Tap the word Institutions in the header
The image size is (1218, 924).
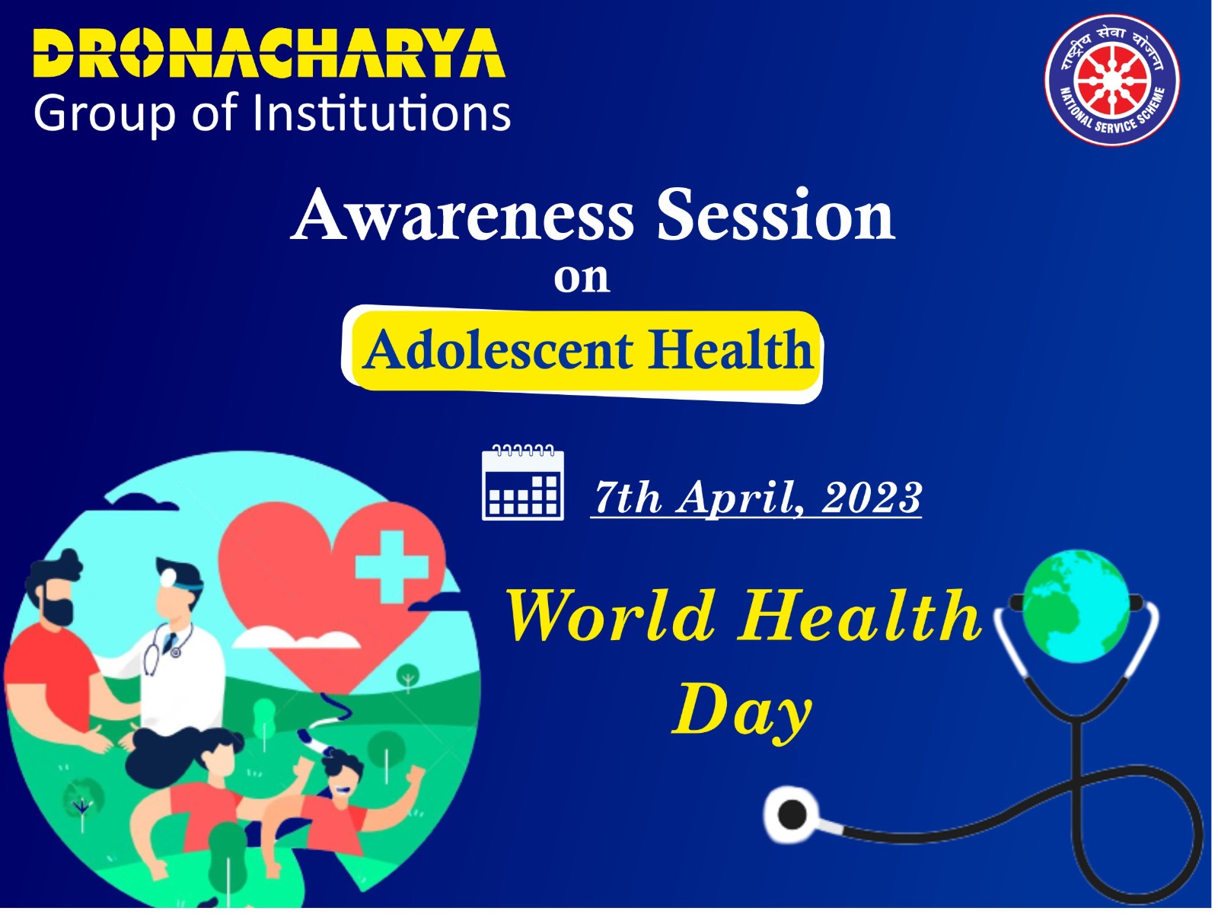[382, 113]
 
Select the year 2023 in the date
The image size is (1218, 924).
[872, 496]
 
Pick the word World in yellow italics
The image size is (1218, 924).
[611, 616]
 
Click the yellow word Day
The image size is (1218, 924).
[742, 712]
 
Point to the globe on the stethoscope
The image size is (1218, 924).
[1076, 606]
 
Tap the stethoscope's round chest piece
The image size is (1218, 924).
[792, 814]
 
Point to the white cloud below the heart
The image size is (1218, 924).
[296, 637]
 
